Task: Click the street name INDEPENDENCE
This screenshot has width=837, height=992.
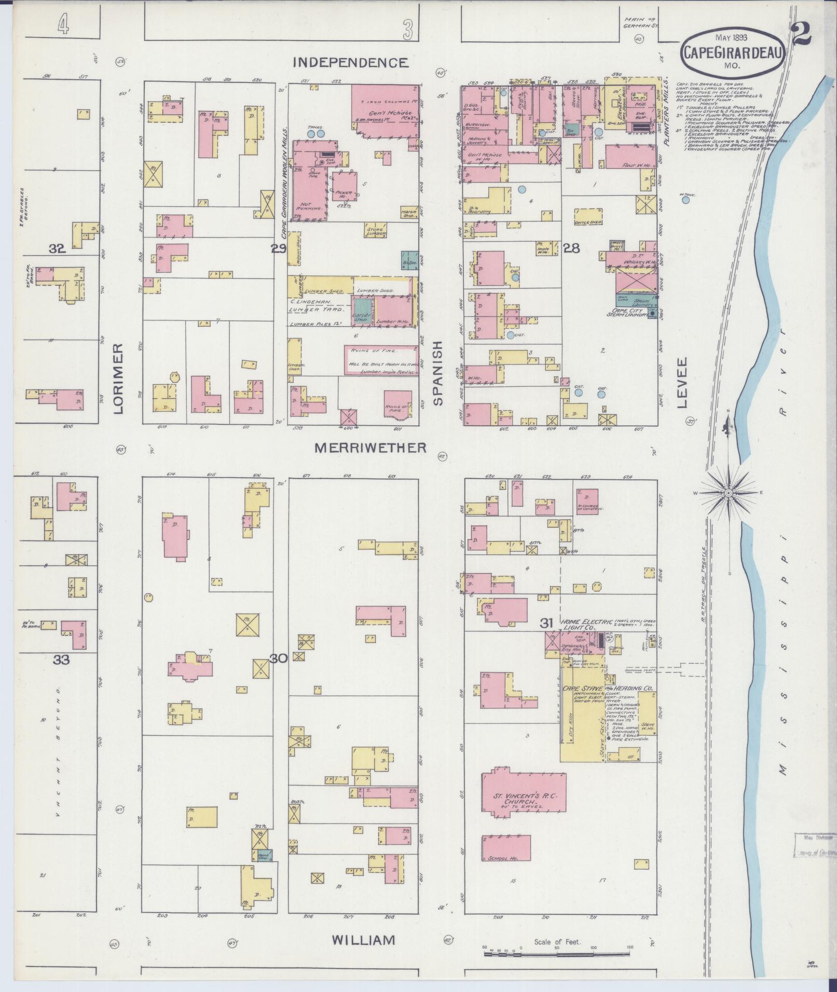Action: coord(350,63)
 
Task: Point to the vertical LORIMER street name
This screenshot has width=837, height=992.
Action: coord(118,378)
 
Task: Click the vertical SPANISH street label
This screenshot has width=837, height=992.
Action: coord(438,372)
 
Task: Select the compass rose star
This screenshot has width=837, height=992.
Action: coord(729,492)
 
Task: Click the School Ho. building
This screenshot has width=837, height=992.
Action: coord(506,848)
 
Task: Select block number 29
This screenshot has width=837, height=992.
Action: coord(278,249)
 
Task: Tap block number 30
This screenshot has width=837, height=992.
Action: coord(278,659)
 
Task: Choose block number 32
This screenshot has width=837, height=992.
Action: coord(57,249)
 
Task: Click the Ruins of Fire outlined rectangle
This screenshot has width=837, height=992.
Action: coord(382,360)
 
